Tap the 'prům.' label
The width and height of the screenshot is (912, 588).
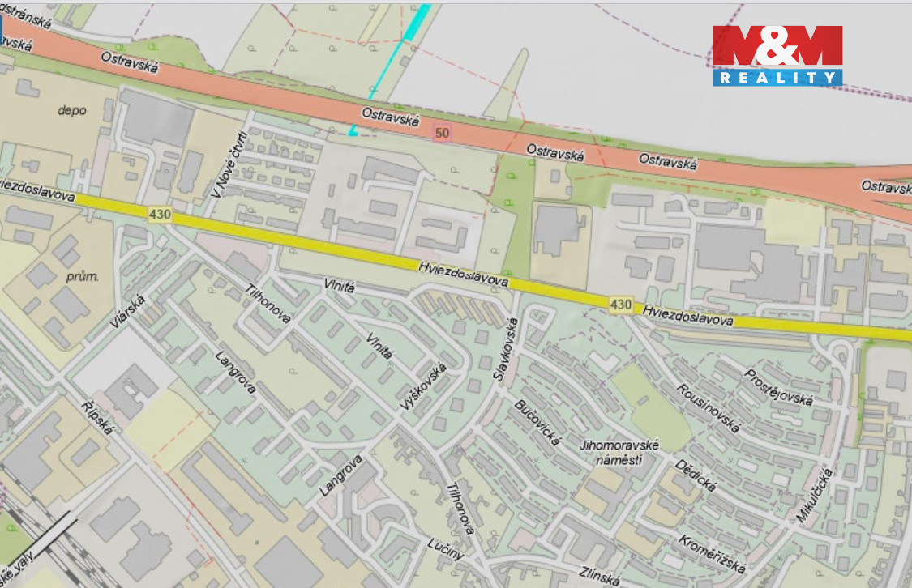(82, 277)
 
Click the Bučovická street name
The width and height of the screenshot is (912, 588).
(538, 422)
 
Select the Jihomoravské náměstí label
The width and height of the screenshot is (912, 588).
(621, 453)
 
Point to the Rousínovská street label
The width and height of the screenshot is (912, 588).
(709, 407)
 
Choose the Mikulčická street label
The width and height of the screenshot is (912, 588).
(815, 494)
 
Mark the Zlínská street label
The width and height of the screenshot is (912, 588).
(600, 576)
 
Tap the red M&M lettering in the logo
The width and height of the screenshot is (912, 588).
(777, 46)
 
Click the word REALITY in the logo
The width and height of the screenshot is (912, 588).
(777, 78)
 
